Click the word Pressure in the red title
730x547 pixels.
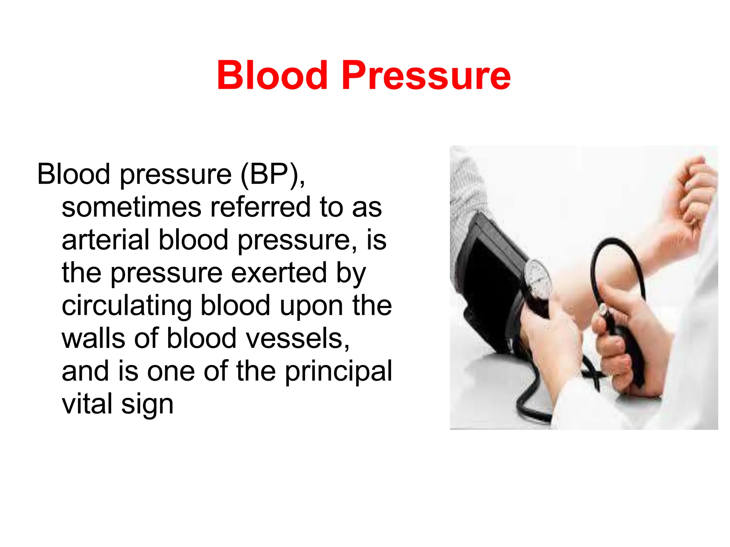point(426,75)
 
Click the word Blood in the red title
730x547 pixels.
point(272,75)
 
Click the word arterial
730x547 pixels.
point(106,240)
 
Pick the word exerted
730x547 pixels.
point(279,273)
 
